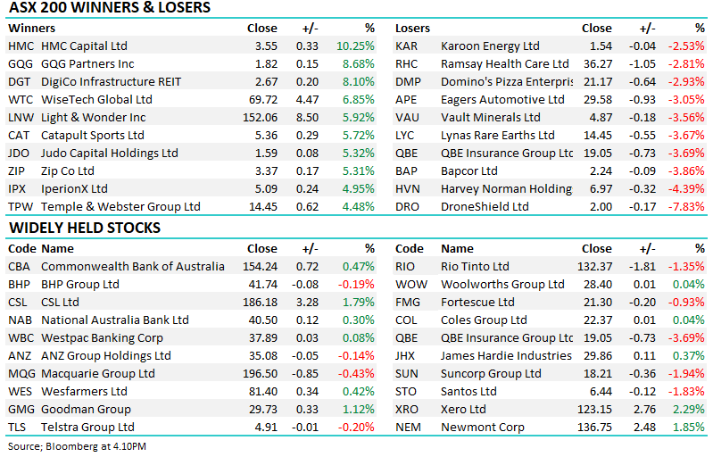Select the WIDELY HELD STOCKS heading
point(85,228)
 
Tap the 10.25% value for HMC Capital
point(356,46)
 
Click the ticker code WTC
point(21,99)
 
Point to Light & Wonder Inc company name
point(94,117)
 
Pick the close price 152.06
point(260,117)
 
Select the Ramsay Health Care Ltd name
point(504,63)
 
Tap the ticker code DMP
point(407,81)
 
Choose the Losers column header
point(412,28)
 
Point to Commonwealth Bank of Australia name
point(133,266)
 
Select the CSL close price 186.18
point(260,302)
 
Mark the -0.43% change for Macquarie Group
point(356,373)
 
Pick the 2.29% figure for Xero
point(688,409)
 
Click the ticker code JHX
point(406,355)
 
